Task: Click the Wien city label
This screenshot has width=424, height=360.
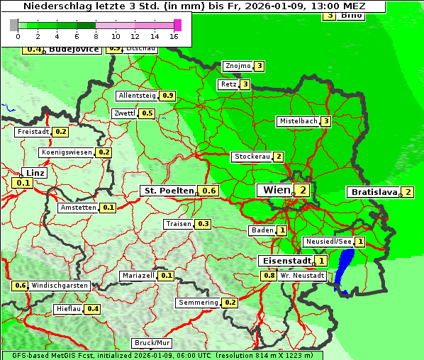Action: click(277, 190)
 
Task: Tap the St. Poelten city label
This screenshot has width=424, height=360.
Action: click(169, 191)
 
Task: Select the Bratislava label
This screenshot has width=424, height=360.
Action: click(373, 192)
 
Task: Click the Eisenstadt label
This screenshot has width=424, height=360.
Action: click(285, 261)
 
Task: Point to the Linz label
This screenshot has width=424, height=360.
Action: click(34, 173)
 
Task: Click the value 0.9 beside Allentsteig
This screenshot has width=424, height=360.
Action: click(168, 96)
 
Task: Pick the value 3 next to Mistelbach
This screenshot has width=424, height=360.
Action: click(326, 121)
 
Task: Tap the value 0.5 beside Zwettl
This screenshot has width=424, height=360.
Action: click(147, 113)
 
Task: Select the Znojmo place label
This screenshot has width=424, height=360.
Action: click(237, 66)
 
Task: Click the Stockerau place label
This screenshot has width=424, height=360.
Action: click(251, 157)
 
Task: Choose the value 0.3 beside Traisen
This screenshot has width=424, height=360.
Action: click(203, 224)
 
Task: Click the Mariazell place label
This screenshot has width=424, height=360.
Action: click(138, 276)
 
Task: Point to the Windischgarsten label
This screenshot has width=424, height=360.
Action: click(60, 286)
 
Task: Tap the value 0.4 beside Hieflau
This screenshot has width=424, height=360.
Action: click(93, 309)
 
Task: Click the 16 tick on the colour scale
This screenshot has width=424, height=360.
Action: click(173, 35)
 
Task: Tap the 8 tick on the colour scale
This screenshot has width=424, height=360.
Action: click(95, 35)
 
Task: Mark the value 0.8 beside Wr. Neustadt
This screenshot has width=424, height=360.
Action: click(269, 275)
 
